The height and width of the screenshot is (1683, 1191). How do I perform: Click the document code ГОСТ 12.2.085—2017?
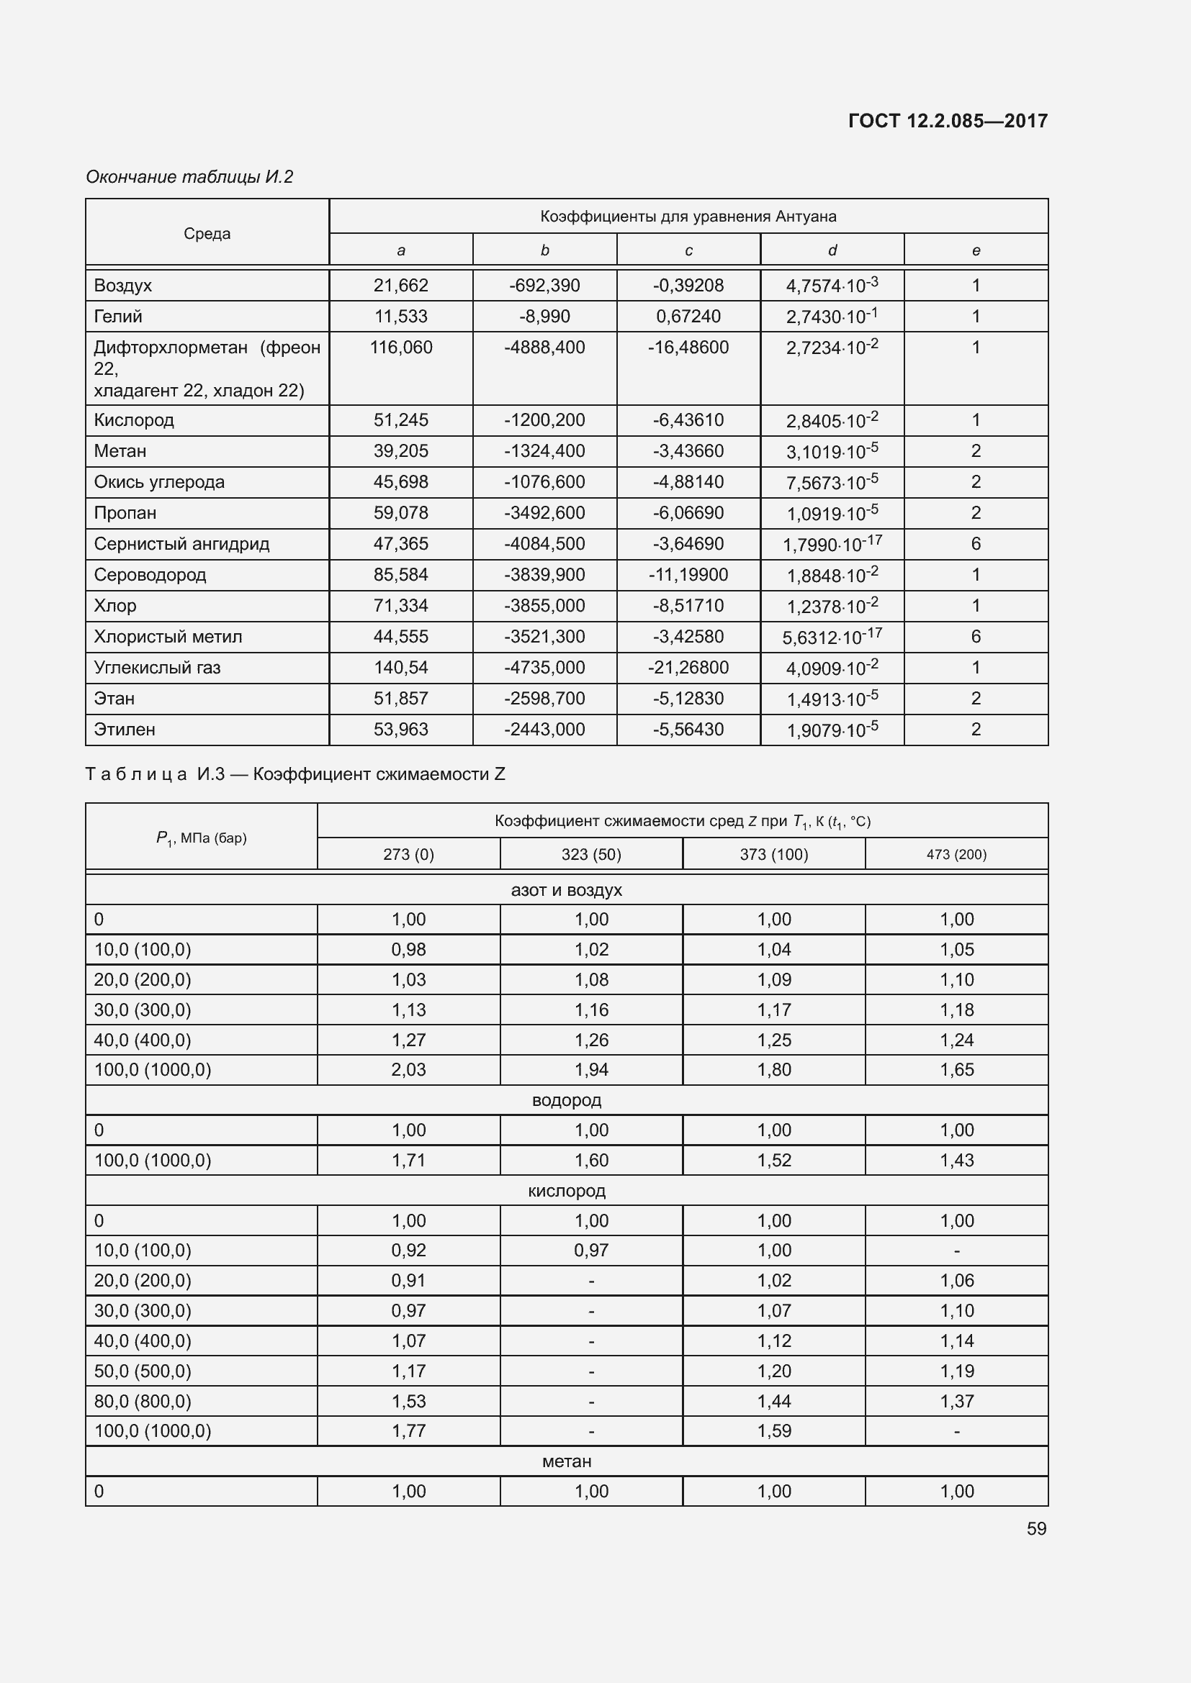(948, 121)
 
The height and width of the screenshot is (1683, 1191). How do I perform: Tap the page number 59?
(1036, 1528)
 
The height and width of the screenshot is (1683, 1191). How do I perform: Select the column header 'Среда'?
(207, 234)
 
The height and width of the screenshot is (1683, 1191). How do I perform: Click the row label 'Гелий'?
(118, 317)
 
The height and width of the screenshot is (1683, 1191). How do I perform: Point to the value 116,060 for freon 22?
(401, 348)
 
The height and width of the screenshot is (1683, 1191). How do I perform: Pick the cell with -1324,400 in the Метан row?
(544, 451)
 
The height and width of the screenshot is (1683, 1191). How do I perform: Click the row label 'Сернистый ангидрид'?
(181, 544)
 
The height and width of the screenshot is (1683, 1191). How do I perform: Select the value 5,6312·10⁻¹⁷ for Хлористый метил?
(832, 637)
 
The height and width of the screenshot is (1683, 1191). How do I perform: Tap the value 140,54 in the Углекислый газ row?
(400, 668)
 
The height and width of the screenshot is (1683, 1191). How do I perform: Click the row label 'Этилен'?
(125, 730)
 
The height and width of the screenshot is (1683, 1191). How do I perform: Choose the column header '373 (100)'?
(773, 855)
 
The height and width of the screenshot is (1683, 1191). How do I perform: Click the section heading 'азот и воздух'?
(566, 890)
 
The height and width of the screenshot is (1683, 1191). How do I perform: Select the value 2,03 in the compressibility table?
(408, 1069)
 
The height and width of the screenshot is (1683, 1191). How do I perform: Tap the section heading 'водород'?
(566, 1100)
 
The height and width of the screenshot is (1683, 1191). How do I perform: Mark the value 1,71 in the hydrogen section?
(408, 1161)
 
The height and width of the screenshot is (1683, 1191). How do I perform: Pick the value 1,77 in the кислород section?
(408, 1430)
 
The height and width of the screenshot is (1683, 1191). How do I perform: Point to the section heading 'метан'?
(566, 1461)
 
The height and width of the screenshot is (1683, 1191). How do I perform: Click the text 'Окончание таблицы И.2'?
(189, 177)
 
